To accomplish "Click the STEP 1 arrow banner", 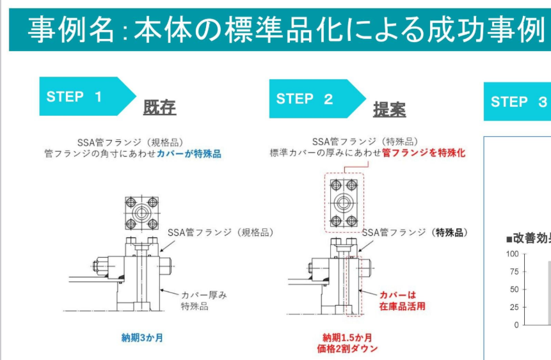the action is [x=86, y=96].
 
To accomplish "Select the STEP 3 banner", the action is [x=518, y=102].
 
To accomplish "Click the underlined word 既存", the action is [x=159, y=107].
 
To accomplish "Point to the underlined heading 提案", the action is [x=389, y=109].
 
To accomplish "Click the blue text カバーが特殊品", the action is [x=189, y=154].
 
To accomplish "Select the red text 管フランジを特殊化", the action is [x=424, y=153].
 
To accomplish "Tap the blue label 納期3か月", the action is [x=142, y=338].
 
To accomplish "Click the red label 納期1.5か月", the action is [x=347, y=338].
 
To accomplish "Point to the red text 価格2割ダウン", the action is [x=347, y=348].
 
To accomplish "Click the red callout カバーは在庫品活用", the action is [x=402, y=301].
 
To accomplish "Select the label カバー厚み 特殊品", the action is [x=204, y=301].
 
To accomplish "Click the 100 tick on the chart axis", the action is [x=513, y=254].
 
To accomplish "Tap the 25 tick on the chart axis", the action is [x=514, y=308].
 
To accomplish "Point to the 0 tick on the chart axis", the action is [x=516, y=325].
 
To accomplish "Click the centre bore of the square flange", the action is [x=141, y=213].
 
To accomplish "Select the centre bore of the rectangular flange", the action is [x=344, y=203].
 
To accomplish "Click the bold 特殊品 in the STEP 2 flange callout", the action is [x=449, y=233].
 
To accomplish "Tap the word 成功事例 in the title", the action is [x=486, y=29].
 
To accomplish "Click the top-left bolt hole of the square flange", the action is [x=131, y=202].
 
